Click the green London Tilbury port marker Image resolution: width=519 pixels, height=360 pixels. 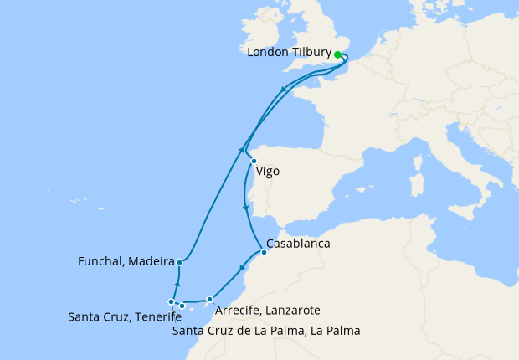click(338, 54)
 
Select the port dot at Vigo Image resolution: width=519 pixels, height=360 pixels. click(254, 162)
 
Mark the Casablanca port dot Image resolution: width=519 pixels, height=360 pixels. click(265, 252)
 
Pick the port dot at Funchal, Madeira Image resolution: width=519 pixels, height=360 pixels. click(180, 262)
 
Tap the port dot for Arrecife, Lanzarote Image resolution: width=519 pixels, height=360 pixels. click(210, 298)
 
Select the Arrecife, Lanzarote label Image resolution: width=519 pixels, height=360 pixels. click(267, 311)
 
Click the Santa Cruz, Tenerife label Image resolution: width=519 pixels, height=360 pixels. click(125, 316)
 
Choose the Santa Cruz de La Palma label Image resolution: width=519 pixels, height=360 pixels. click(266, 331)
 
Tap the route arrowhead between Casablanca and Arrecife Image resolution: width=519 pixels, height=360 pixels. click(241, 269)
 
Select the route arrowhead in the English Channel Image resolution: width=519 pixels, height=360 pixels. click(285, 89)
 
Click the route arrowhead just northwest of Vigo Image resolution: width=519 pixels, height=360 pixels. click(242, 149)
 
